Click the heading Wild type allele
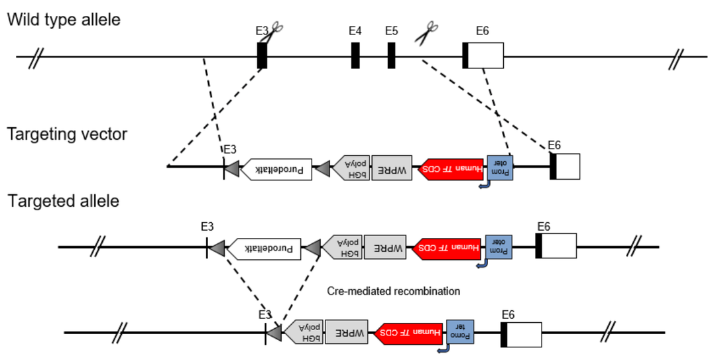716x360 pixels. click(x=64, y=19)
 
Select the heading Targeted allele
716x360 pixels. click(x=64, y=201)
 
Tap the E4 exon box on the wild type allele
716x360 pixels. click(x=355, y=55)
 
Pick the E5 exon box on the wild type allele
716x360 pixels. click(x=392, y=55)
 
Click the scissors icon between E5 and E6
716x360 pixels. click(x=427, y=33)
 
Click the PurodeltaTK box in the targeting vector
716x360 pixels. click(x=276, y=170)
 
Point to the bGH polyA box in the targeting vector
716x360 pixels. click(x=351, y=168)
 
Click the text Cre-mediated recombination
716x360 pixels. click(x=393, y=291)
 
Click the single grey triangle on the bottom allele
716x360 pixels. click(x=274, y=332)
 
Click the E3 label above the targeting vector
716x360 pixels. click(x=230, y=149)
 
